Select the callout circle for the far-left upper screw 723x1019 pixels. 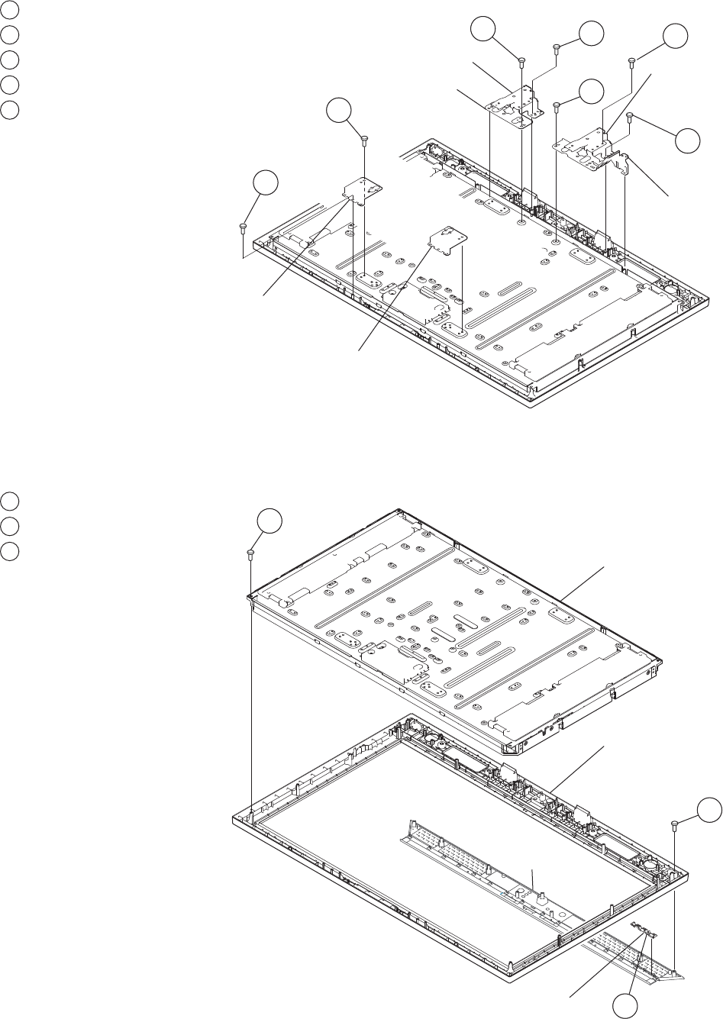coord(264,186)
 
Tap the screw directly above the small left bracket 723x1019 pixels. coord(365,139)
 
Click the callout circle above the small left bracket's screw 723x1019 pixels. coord(337,111)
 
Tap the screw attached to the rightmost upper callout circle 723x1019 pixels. coord(630,116)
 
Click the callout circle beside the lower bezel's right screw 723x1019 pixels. coord(711,809)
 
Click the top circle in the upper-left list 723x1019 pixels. coord(10,9)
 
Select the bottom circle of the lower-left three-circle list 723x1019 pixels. coord(10,550)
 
